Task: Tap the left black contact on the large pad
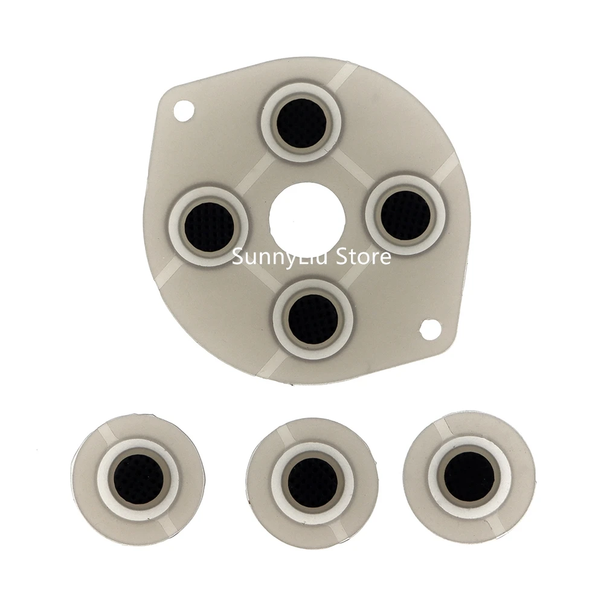(x=208, y=227)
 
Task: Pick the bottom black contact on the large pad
(x=313, y=318)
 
